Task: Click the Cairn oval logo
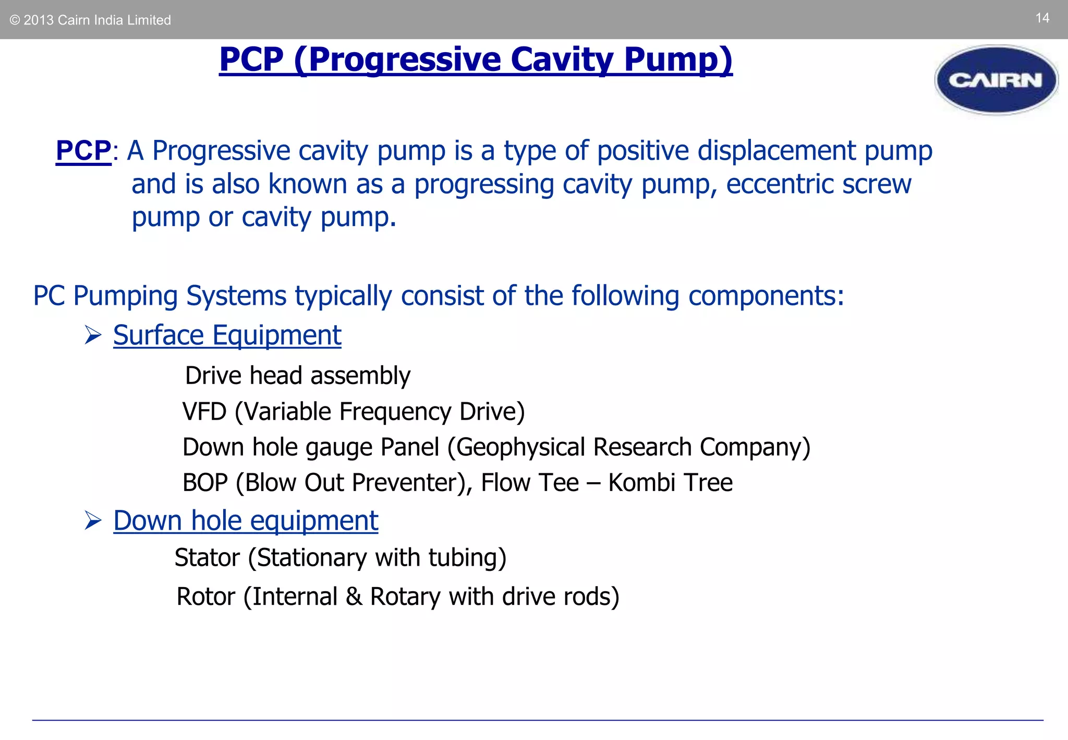click(996, 80)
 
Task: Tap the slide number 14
click(1042, 18)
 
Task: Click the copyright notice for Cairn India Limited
click(90, 20)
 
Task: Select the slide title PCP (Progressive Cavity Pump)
click(476, 59)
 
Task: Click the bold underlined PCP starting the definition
click(83, 151)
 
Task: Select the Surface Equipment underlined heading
click(227, 335)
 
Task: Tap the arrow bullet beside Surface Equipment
click(93, 335)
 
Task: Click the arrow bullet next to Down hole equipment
click(93, 520)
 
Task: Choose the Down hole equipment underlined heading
click(246, 520)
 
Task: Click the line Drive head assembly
click(298, 376)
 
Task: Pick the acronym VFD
click(204, 412)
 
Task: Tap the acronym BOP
click(205, 483)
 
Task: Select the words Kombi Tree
click(670, 483)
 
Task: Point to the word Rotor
click(205, 596)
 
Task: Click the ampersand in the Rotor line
click(354, 596)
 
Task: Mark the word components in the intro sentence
click(766, 296)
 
